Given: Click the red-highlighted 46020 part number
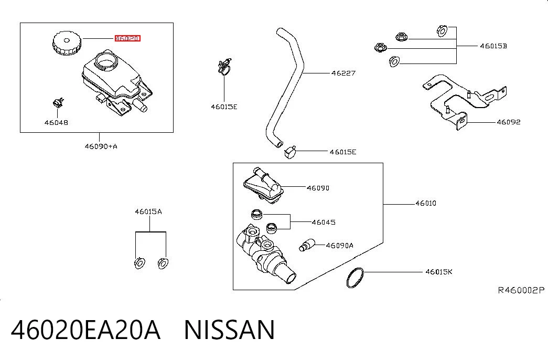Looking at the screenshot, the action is click(x=127, y=38).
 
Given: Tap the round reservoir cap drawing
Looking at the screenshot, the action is click(x=67, y=43).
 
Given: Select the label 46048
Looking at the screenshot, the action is click(x=56, y=122).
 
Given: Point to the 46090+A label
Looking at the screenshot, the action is click(x=101, y=146).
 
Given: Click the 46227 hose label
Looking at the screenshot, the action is click(x=343, y=73).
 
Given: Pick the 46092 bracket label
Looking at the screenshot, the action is click(x=509, y=122).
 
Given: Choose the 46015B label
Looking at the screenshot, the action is click(x=493, y=46).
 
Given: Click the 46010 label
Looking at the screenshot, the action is click(x=426, y=203).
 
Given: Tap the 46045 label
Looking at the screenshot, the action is click(x=324, y=222).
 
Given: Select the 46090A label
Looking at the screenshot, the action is click(x=339, y=246).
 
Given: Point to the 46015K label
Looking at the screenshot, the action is click(x=438, y=272).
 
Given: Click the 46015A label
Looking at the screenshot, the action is click(x=148, y=211).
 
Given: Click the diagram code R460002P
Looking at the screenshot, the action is click(x=521, y=290).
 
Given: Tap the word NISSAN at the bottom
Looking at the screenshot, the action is click(x=230, y=330).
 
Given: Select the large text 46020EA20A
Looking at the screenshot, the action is click(x=85, y=330).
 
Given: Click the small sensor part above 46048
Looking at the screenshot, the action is click(x=58, y=102).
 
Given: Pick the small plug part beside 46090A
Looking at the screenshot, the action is click(x=307, y=245).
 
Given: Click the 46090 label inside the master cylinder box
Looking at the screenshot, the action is click(x=318, y=188).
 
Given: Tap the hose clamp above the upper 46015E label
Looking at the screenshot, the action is click(x=224, y=67).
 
